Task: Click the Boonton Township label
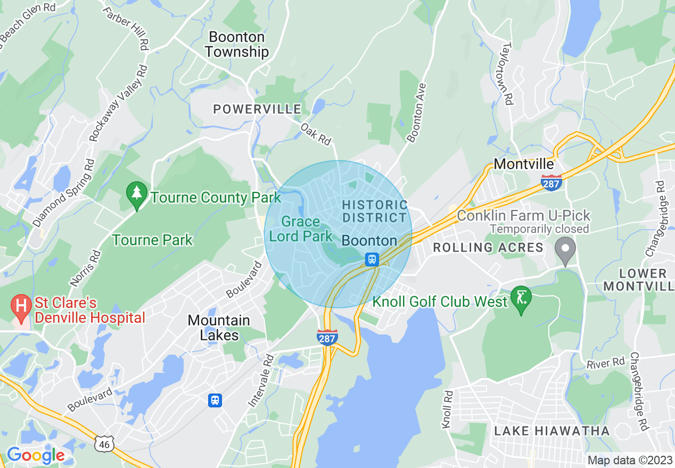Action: [x=237, y=45]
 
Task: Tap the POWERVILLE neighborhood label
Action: [x=257, y=110]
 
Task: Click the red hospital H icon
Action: [x=22, y=308]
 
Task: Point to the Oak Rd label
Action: [x=316, y=134]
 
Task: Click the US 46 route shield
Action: [x=104, y=443]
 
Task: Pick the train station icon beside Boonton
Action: [x=372, y=260]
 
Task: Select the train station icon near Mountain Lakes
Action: [x=215, y=400]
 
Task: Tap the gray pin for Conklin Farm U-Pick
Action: [x=565, y=249]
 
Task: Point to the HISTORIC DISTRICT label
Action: [x=375, y=211]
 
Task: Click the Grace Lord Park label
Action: [x=301, y=229]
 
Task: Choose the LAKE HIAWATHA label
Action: [x=551, y=431]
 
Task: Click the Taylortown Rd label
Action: [x=506, y=73]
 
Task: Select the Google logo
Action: [x=36, y=455]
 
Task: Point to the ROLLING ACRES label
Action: [x=488, y=247]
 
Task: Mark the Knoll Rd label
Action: [x=447, y=410]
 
